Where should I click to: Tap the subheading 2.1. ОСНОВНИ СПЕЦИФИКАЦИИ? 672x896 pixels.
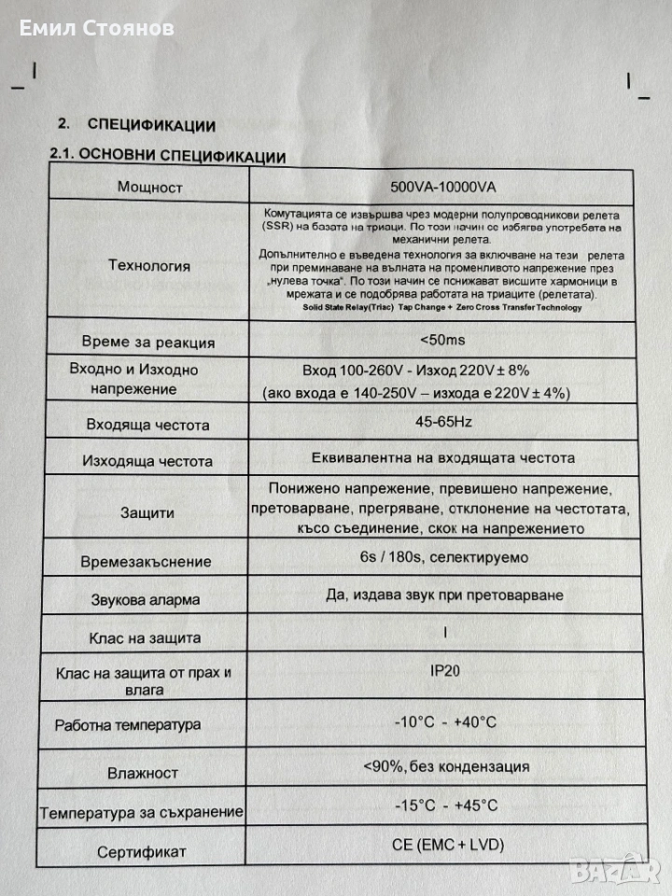(x=167, y=156)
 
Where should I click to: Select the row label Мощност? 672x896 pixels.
(x=149, y=186)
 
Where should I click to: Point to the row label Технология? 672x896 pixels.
(x=149, y=265)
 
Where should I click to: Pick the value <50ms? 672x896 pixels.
(x=442, y=338)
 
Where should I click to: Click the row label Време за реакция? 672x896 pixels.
(x=148, y=342)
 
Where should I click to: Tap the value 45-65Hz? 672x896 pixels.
(x=443, y=422)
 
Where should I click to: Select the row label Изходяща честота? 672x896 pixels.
(x=147, y=460)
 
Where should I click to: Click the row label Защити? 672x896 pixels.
(x=147, y=512)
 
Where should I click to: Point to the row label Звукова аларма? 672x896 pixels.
(x=146, y=600)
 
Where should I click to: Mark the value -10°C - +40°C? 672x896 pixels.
(x=443, y=721)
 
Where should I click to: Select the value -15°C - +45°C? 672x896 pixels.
(x=445, y=805)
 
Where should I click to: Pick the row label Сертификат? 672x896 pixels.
(x=142, y=852)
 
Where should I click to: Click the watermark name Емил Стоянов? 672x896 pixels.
(x=97, y=29)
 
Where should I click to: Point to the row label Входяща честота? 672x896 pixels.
(x=147, y=425)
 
